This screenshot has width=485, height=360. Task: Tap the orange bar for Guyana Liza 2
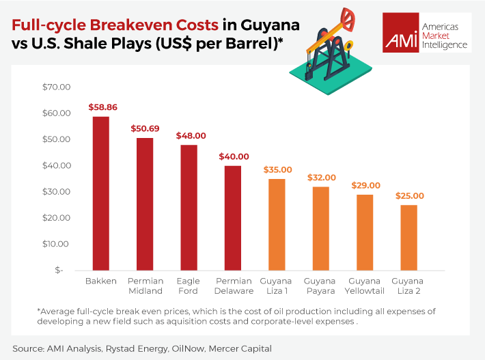408,237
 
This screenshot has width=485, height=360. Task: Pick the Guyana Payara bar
320,228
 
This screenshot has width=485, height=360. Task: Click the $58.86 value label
101,107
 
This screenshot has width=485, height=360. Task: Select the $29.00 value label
365,185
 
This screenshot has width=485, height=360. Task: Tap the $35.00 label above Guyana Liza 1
277,169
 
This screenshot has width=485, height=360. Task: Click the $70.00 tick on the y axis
57,87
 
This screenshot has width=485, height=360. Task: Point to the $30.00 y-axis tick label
57,191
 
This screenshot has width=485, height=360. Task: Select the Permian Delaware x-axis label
233,286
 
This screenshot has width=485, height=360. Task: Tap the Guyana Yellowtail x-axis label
365,286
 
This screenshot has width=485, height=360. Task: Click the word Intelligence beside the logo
445,45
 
